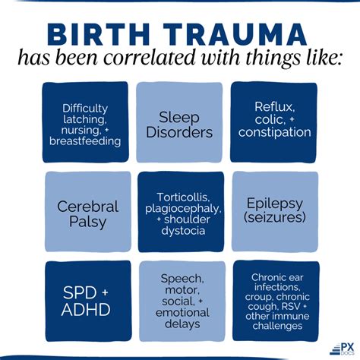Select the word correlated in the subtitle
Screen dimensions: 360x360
point(150,58)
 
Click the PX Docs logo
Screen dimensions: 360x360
point(342,349)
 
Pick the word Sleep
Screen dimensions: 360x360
point(179,118)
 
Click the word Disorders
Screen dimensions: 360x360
point(179,132)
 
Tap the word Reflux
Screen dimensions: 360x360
point(275,107)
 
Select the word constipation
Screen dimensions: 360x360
point(275,132)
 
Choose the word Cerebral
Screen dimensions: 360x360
point(88,207)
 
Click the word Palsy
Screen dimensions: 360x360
point(87,222)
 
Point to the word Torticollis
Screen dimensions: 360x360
point(183,197)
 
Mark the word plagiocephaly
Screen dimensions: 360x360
point(183,209)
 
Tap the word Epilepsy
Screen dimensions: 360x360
point(275,204)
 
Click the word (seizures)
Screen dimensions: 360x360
point(275,217)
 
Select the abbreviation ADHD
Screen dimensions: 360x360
point(86,309)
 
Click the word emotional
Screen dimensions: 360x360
point(182,313)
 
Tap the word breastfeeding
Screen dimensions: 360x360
point(85,141)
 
